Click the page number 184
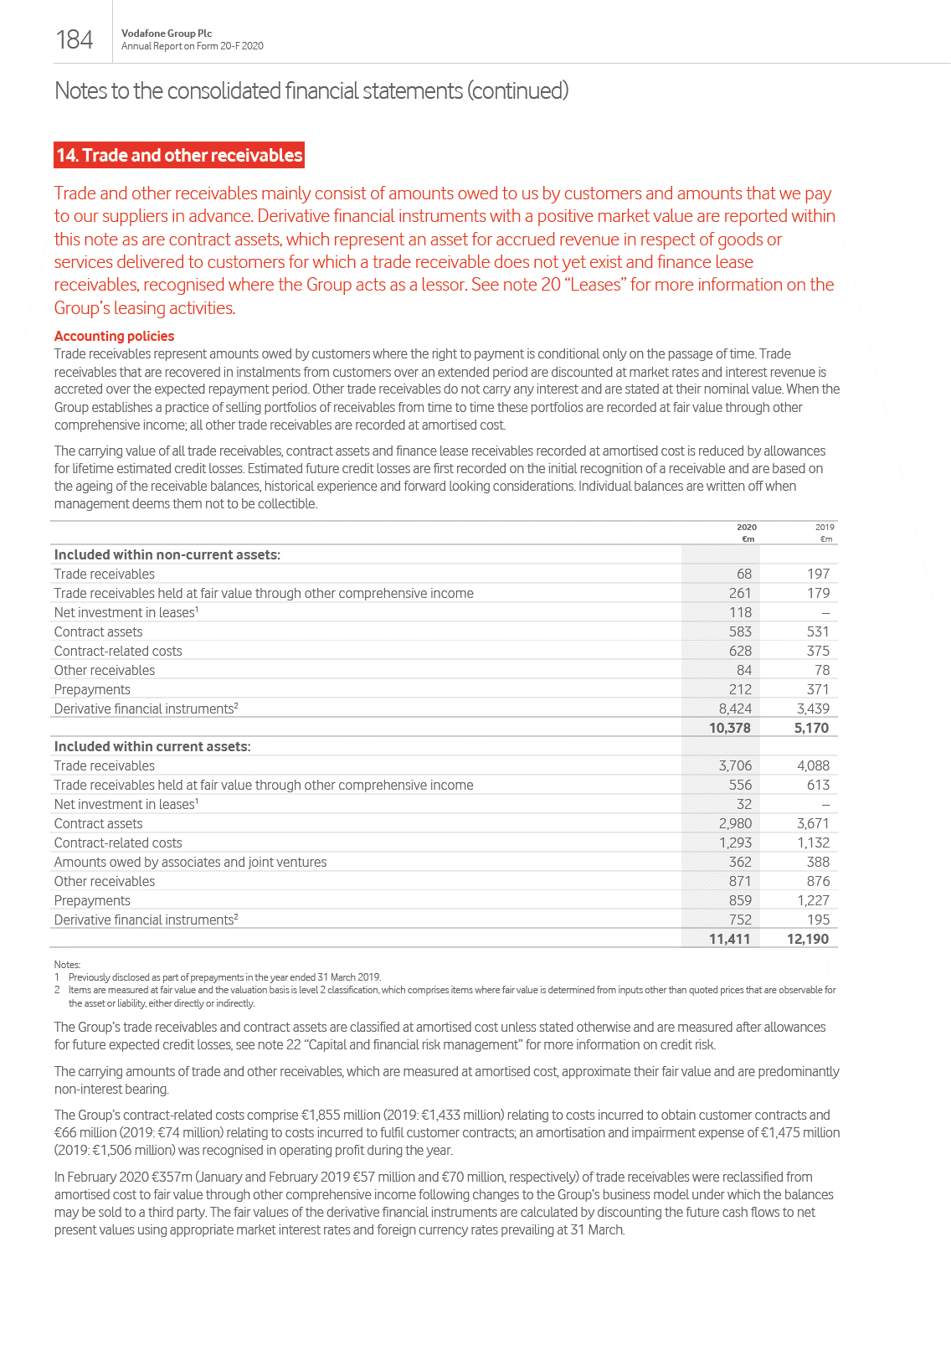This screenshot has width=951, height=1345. point(74,39)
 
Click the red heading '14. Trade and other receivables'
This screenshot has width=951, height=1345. point(179,155)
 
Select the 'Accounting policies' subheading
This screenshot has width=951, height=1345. point(114,336)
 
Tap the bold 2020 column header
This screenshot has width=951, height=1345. point(746,527)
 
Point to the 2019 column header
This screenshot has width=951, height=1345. point(825,527)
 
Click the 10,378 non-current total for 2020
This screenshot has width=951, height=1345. point(729,728)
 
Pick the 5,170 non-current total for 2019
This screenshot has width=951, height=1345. point(811,728)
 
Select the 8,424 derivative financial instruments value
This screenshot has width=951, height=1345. point(735,709)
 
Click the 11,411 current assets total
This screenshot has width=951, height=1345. point(729,939)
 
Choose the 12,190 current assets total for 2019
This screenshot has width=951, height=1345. point(808,939)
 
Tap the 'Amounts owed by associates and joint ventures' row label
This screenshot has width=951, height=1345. point(190,862)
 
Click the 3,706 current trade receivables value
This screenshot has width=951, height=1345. point(735,765)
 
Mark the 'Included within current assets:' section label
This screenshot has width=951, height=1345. point(152,746)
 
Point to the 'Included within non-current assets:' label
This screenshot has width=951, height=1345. point(167,554)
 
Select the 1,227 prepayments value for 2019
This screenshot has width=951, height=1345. point(813,900)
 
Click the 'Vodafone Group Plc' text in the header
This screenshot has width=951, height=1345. point(167,33)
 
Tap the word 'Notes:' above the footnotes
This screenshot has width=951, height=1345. point(67,965)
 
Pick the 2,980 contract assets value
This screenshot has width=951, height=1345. point(735,823)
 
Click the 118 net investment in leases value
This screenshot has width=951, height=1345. point(740,612)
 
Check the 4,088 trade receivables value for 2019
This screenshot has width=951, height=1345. point(813,765)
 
